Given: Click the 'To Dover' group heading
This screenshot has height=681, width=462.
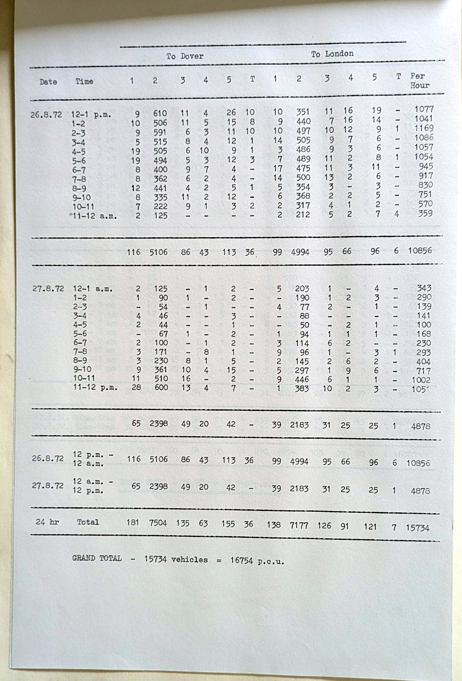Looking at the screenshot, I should (x=185, y=56).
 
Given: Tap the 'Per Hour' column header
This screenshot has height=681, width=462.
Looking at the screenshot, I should (x=419, y=81).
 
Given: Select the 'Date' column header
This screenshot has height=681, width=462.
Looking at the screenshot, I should (x=48, y=82).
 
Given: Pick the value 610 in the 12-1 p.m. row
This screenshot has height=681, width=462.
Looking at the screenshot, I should (x=160, y=113).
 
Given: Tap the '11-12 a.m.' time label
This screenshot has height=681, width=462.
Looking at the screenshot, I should (x=95, y=216).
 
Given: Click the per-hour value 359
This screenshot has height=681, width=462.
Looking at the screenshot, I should (x=425, y=213).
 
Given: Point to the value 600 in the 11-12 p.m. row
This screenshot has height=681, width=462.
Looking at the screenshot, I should (x=161, y=387).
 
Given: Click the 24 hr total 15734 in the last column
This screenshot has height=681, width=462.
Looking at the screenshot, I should (x=417, y=528).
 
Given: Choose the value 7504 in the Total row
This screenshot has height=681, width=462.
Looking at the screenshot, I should (x=158, y=523).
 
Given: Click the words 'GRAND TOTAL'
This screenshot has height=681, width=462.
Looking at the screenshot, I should (x=97, y=558).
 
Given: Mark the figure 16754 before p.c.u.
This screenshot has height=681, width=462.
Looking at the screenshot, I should (x=241, y=560).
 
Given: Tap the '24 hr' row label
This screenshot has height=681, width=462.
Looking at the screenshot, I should (x=47, y=521).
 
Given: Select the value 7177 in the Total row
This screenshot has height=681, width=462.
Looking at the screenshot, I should (x=299, y=525).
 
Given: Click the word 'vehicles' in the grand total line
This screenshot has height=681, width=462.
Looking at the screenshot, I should (x=189, y=559).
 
